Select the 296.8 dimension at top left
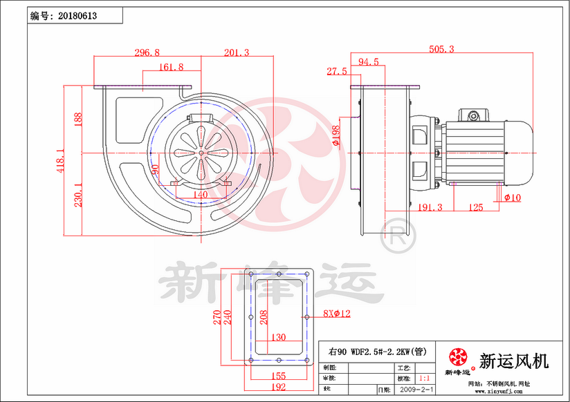click(x=147, y=52)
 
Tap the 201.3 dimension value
click(x=236, y=52)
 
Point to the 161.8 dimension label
click(x=171, y=67)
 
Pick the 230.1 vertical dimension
click(x=78, y=194)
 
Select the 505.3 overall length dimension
click(x=441, y=49)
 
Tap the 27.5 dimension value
click(x=337, y=71)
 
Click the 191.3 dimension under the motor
click(x=430, y=207)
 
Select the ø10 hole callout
click(x=513, y=198)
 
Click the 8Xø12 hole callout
click(x=337, y=314)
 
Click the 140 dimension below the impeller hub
click(x=201, y=195)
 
